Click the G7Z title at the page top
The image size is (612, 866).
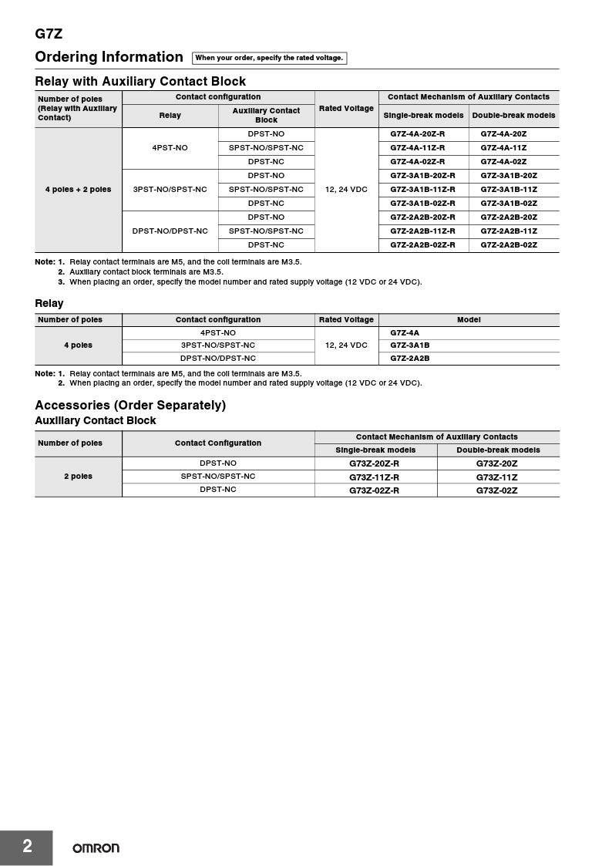pos(48,34)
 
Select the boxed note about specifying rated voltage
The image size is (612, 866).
pos(269,58)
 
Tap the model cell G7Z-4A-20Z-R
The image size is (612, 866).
pos(417,134)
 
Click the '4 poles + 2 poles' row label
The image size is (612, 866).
pos(78,190)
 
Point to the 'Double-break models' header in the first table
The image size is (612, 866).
pos(513,116)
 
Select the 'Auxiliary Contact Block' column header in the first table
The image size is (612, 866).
pos(266,115)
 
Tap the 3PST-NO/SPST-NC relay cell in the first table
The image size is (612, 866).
pos(170,190)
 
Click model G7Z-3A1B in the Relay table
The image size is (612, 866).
pos(410,345)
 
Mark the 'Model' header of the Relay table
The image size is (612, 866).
pos(469,320)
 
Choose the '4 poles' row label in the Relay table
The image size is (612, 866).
pos(78,345)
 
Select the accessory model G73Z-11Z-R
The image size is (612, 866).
pos(375,477)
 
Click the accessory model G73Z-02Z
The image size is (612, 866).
pos(496,490)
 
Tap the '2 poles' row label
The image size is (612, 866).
pos(78,477)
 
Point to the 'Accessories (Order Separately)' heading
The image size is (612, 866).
pos(130,406)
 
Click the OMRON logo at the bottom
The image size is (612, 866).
pos(96,848)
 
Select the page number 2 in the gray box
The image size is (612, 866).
pos(27,847)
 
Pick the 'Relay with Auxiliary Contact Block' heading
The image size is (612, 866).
pos(140,81)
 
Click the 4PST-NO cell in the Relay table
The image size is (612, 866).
pos(217,333)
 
